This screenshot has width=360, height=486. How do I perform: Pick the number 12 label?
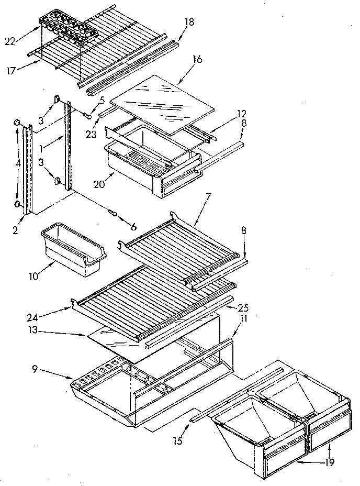[x=227, y=114]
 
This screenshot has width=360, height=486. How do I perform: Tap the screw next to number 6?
[x=113, y=212]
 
